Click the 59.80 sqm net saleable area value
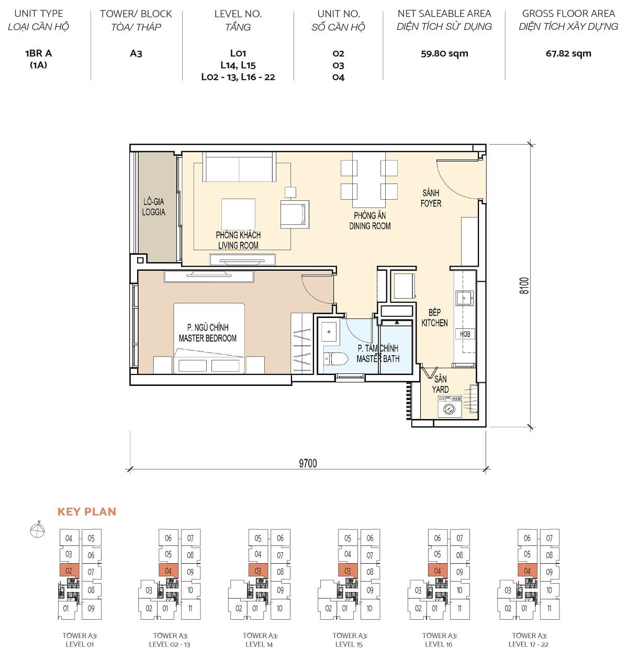click(444, 53)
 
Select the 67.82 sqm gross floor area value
click(568, 53)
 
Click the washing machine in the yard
click(448, 407)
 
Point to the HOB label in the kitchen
click(465, 334)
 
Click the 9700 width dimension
click(308, 463)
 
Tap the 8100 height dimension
click(524, 286)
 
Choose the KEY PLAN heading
click(87, 512)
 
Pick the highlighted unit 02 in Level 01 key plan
click(69, 571)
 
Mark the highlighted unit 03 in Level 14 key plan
click(258, 571)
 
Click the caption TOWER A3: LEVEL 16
click(440, 640)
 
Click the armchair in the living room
click(294, 214)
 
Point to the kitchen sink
click(464, 298)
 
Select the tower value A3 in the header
click(136, 53)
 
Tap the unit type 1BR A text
click(38, 53)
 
